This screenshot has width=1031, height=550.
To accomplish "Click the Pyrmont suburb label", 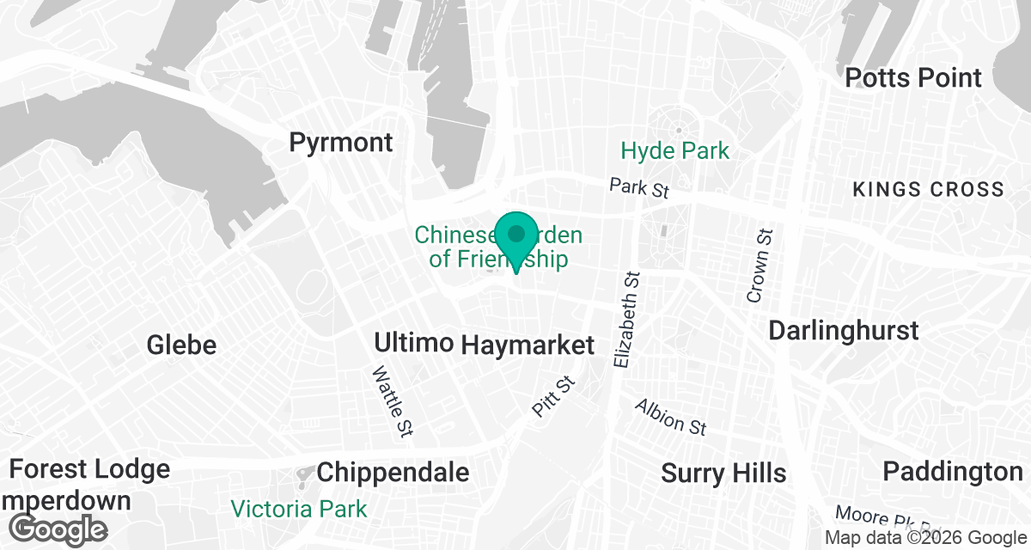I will pos(341,143).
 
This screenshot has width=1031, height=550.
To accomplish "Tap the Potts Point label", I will pos(913,77).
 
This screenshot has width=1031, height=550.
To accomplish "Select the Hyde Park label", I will pos(675,151).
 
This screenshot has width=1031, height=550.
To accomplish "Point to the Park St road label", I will pos(638,187).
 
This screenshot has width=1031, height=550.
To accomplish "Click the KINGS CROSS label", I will pos(928,190).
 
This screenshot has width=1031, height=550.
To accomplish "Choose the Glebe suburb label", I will pos(181,345).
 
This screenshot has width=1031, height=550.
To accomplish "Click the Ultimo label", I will pos(414,343).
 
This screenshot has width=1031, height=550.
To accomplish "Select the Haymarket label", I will pos(528,345).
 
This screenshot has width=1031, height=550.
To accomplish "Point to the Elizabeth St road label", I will pos(628,320).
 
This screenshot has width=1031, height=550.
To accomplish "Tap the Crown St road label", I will pos(757,266).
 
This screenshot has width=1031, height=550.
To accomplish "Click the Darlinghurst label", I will pos(844,330).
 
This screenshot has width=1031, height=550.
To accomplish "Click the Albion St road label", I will pos(670,417).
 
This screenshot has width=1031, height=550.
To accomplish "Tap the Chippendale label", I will pos(393,472).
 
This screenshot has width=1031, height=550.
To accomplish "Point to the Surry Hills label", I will pos(723,473).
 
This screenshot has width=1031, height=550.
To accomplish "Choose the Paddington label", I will pos(953,471).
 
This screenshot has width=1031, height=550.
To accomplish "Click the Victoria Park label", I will pos(298,509).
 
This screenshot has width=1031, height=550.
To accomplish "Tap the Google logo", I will pos(59,528).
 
